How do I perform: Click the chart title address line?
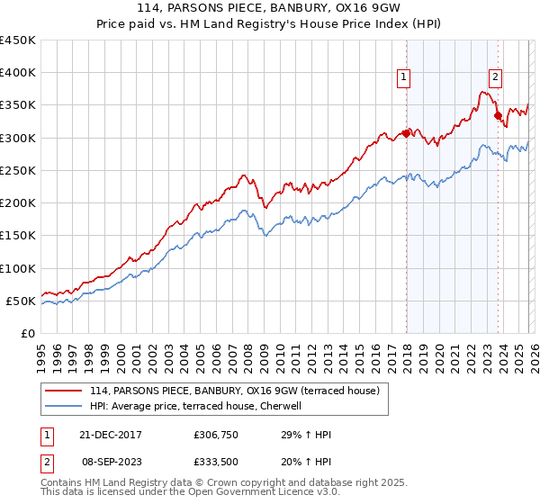pyautogui.click(x=269, y=8)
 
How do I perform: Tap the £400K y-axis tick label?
pyautogui.click(x=18, y=73)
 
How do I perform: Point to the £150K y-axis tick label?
pyautogui.click(x=18, y=236)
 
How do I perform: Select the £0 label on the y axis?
pyautogui.click(x=29, y=333)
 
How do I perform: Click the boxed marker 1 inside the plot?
pyautogui.click(x=404, y=78)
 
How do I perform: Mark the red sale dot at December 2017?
pyautogui.click(x=406, y=133)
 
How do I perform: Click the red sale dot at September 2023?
pyautogui.click(x=498, y=115)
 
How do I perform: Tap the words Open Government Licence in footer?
pyautogui.click(x=256, y=494)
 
